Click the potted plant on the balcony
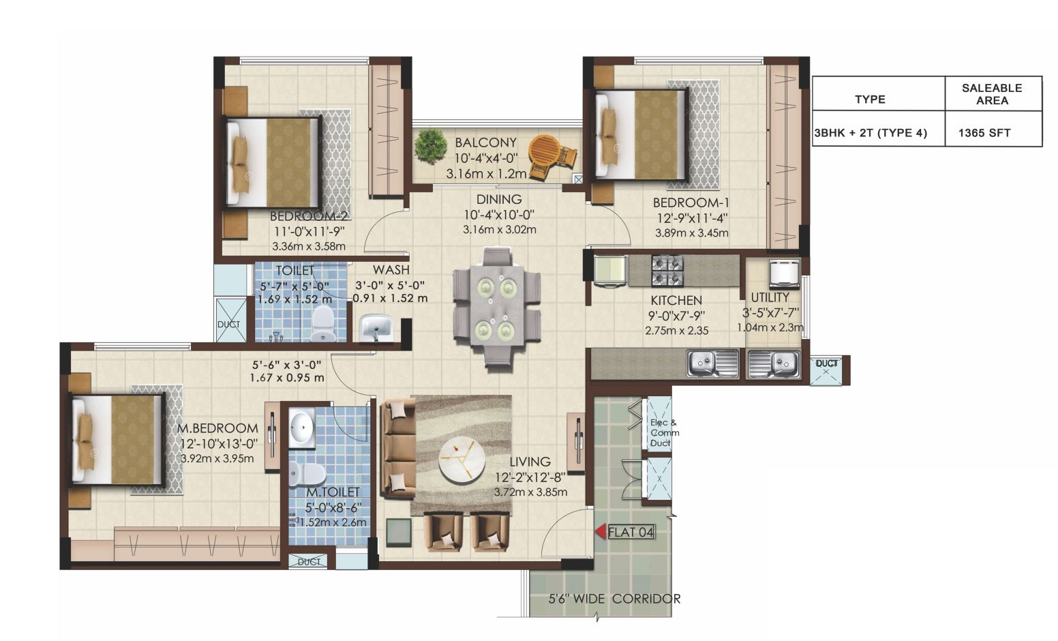(x=431, y=146)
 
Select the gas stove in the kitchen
(x=667, y=271)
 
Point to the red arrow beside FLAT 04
(x=601, y=532)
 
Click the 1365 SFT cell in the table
(x=984, y=133)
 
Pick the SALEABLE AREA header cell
(x=992, y=94)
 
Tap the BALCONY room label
(x=485, y=143)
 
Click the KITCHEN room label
(x=676, y=301)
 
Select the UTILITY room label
(x=770, y=297)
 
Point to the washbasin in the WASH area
(x=376, y=327)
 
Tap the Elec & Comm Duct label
(x=665, y=433)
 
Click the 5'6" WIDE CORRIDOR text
(x=614, y=599)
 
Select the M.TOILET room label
(x=333, y=492)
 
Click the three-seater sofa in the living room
(x=398, y=448)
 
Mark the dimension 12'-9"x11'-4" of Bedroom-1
(x=692, y=218)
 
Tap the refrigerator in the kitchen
(x=610, y=271)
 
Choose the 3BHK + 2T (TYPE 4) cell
(x=871, y=133)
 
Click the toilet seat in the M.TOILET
(x=307, y=473)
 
